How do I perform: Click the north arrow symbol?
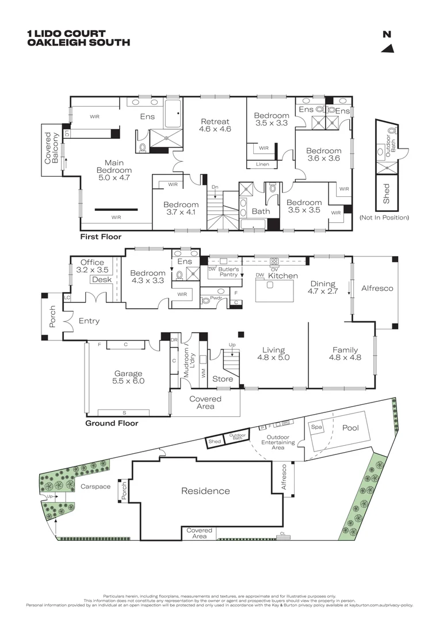(389, 48)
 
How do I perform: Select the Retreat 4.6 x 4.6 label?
(215, 126)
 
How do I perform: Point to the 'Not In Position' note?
(384, 218)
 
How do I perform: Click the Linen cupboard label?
(261, 165)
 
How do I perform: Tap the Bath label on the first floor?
(261, 211)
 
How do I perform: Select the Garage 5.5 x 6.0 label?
(127, 377)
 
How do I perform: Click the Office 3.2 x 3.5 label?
(92, 266)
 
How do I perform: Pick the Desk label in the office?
(101, 279)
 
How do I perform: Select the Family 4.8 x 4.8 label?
(345, 353)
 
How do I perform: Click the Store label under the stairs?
(223, 379)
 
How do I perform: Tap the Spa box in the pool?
(316, 427)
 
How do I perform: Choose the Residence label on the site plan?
(205, 491)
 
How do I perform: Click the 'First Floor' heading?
(101, 237)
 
